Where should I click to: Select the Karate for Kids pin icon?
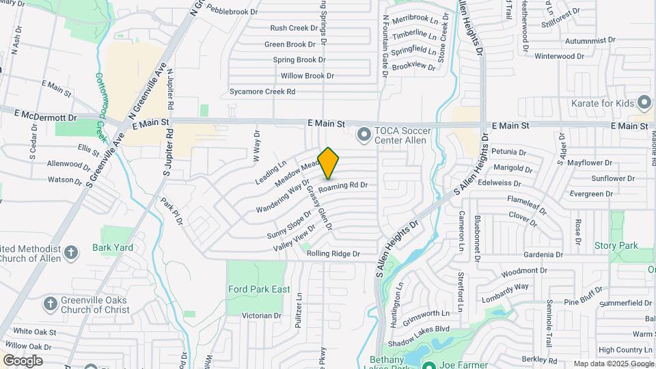coord(644,103)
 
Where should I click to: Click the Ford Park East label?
coord(259,289)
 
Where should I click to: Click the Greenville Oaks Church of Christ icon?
coord(50,302)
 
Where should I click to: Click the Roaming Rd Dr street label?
coord(343,185)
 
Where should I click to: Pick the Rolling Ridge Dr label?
coord(333,254)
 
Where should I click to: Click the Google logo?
coord(23,361)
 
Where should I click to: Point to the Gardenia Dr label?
coord(544,254)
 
